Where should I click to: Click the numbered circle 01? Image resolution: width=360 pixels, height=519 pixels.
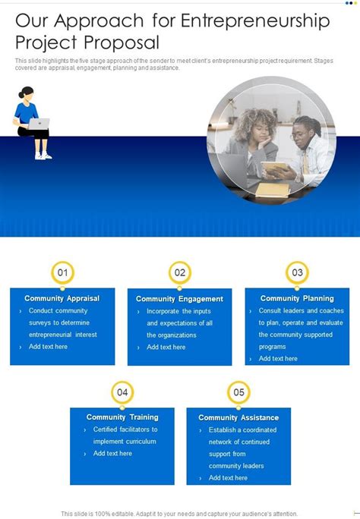pos(62,272)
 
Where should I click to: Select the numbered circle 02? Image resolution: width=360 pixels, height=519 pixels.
pos(180,273)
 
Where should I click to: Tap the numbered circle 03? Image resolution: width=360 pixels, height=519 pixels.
pos(297,272)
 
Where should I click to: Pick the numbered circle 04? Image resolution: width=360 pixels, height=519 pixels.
pos(122,392)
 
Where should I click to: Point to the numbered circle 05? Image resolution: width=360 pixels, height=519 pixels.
pos(238,392)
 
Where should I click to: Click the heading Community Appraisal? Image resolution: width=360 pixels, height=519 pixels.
pos(62,298)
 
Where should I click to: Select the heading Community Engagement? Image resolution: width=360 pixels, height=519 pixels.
pos(180,299)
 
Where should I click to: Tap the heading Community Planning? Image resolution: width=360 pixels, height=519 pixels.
pos(297,298)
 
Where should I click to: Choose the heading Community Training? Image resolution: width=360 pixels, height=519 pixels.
pos(122,417)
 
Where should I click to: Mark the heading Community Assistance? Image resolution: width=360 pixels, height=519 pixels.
pos(238,417)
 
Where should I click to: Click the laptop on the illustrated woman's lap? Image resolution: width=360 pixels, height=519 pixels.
pos(39,124)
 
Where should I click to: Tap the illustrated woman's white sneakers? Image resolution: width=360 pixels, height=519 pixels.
pos(43,156)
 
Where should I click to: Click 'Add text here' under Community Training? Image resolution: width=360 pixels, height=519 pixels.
pos(112,453)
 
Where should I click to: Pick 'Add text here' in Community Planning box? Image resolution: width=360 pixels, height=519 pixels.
pos(278,358)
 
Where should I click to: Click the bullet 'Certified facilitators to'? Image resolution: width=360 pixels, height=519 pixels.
pos(125,429)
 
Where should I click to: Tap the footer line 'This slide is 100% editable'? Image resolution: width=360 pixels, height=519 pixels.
pos(180,513)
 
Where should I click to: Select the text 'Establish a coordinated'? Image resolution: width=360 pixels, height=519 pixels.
pos(243,429)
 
